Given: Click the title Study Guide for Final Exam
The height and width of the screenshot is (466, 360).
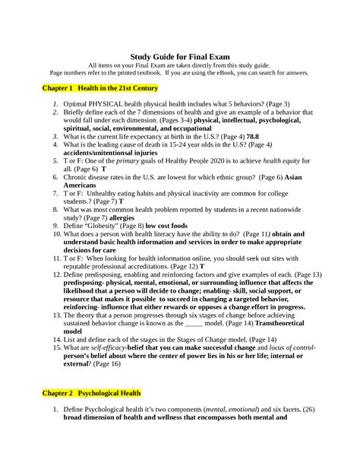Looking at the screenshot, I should [x=179, y=56].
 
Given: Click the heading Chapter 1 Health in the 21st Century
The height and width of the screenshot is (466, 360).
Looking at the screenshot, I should [x=88, y=89].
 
